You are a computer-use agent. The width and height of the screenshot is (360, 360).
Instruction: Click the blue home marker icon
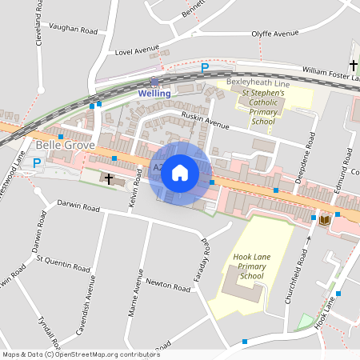(180, 172)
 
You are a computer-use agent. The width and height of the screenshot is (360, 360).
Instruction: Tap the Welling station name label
(154, 94)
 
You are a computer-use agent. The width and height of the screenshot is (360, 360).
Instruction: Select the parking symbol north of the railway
(205, 69)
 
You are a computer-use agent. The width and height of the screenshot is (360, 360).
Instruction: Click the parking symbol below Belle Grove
(36, 162)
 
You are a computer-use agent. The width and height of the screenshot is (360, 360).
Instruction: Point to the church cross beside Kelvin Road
(110, 178)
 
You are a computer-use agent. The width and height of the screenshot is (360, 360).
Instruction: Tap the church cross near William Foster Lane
(353, 64)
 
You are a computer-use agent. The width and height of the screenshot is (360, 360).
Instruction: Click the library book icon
(324, 219)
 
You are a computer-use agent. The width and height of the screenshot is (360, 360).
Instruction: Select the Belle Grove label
(66, 145)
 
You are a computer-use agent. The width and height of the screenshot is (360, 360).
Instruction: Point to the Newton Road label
(166, 284)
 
